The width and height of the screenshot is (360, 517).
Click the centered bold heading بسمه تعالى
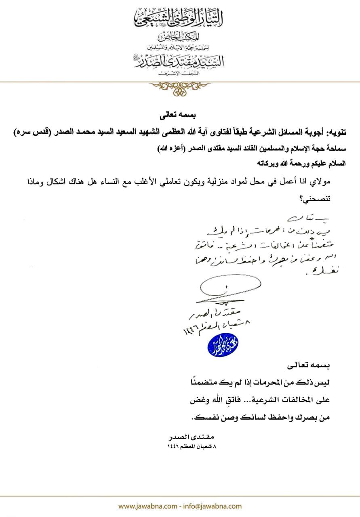(179, 117)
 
